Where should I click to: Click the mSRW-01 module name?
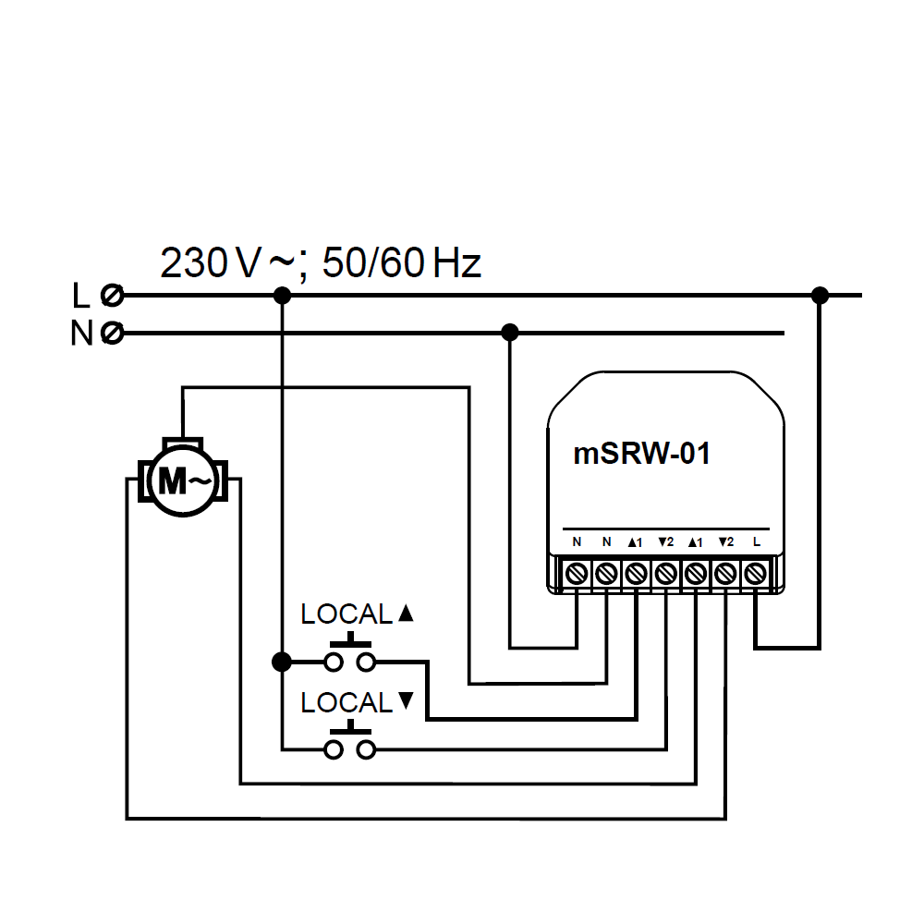click(642, 454)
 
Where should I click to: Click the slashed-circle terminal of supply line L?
click(113, 296)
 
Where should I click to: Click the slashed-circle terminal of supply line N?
click(113, 333)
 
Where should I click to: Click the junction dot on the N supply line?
click(508, 332)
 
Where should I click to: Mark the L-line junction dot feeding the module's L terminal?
click(819, 295)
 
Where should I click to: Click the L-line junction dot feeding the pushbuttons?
click(283, 295)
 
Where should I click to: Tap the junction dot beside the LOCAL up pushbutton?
click(282, 662)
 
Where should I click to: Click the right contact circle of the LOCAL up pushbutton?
click(368, 662)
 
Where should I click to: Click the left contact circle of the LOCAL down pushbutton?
click(333, 749)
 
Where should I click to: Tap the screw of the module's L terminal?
click(755, 573)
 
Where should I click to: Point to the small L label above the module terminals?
click(756, 541)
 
